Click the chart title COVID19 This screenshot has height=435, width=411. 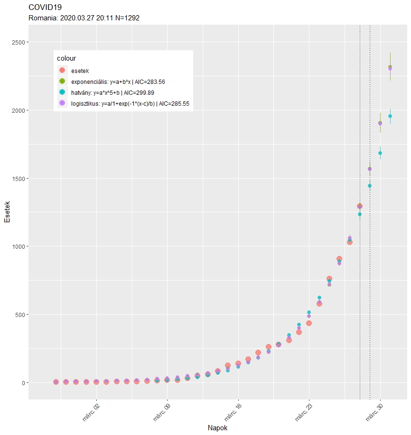45,8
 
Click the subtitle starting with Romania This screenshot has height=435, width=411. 84,18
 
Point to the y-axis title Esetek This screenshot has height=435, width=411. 7,213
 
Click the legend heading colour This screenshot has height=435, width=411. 66,58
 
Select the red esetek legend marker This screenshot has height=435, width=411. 62,71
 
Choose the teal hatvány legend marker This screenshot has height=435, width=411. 62,92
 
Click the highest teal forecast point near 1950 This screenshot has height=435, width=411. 390,116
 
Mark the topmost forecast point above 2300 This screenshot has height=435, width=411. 390,67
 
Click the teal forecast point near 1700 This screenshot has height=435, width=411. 380,153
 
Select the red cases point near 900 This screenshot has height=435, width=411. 339,259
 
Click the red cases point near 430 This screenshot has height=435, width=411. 309,323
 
